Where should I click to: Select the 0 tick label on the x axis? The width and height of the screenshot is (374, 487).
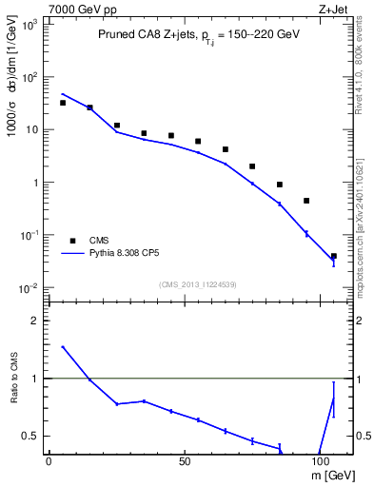(x=49, y=460)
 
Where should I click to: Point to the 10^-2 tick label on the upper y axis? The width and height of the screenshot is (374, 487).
(x=29, y=287)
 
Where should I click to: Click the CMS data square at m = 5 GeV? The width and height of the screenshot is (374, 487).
(x=63, y=103)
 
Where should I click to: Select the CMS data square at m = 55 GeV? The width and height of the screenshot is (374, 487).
(x=198, y=142)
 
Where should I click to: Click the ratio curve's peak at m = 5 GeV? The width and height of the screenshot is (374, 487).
(x=63, y=347)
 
